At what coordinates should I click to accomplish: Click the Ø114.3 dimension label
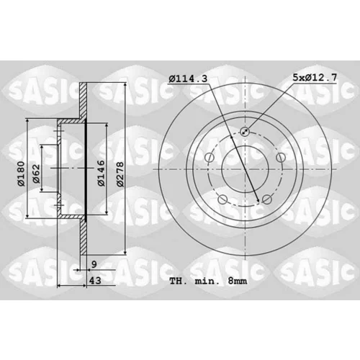(x=188, y=78)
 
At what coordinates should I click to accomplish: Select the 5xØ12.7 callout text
(x=315, y=77)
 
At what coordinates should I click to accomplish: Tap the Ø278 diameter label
(x=120, y=174)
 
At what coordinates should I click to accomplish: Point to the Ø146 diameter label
(x=102, y=173)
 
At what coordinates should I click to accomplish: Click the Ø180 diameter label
(x=21, y=174)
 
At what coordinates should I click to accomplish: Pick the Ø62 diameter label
(x=36, y=174)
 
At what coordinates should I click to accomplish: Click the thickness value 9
(x=94, y=264)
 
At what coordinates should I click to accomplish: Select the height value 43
(x=95, y=280)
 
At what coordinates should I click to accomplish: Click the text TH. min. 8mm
(x=208, y=281)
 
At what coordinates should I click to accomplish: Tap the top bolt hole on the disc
(x=245, y=132)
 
